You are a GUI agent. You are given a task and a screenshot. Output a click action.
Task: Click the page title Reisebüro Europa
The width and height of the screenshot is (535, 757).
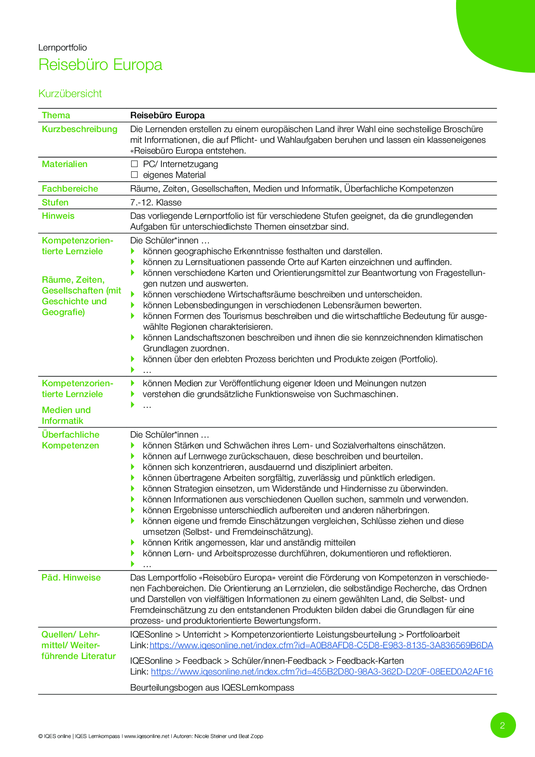pyautogui.click(x=100, y=65)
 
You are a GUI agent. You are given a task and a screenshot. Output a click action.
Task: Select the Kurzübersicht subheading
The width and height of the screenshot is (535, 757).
pyautogui.click(x=70, y=94)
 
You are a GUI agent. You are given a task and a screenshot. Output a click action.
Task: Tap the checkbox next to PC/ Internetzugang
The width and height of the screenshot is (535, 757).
pyautogui.click(x=134, y=164)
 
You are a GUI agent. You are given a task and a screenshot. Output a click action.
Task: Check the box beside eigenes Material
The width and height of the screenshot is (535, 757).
pyautogui.click(x=134, y=175)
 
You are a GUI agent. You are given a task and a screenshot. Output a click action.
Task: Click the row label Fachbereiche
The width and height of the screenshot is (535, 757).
pyautogui.click(x=70, y=189)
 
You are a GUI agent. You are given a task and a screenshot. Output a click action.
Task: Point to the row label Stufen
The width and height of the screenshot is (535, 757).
pyautogui.click(x=55, y=202)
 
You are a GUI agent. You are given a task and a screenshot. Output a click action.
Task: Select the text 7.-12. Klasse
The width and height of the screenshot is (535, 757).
pyautogui.click(x=156, y=202)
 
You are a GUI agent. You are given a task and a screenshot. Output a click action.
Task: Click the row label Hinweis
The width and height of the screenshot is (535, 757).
pyautogui.click(x=58, y=216)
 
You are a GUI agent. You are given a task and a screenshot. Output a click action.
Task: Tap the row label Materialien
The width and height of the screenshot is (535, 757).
pyautogui.click(x=64, y=164)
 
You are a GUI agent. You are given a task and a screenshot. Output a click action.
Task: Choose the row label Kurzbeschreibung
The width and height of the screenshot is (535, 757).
pyautogui.click(x=79, y=129)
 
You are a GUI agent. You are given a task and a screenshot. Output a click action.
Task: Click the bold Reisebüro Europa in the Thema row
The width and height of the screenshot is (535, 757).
pyautogui.click(x=167, y=115)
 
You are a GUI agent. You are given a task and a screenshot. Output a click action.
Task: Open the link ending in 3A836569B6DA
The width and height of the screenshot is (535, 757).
pyautogui.click(x=321, y=646)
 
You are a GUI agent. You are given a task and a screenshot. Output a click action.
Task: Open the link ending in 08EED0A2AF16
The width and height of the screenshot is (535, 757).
pyautogui.click(x=322, y=672)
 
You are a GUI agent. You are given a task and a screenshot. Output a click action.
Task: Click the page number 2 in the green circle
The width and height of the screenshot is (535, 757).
pyautogui.click(x=503, y=725)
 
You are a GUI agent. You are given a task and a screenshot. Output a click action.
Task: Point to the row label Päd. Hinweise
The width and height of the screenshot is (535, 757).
pyautogui.click(x=71, y=577)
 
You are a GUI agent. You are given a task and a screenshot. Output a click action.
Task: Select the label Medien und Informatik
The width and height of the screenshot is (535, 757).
pyautogui.click(x=66, y=415)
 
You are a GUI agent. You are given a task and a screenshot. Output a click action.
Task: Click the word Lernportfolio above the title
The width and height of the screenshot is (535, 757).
pyautogui.click(x=63, y=47)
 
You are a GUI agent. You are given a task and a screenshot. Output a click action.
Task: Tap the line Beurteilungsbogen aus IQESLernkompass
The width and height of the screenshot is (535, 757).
pyautogui.click(x=212, y=688)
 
